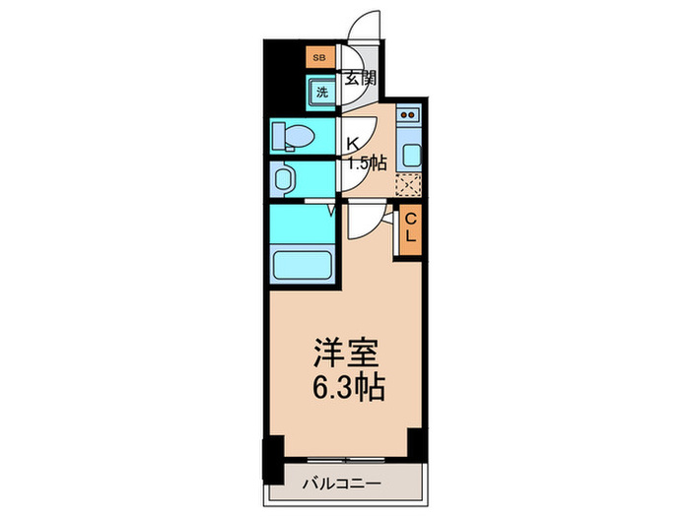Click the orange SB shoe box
point(318,58)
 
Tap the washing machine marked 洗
point(322,94)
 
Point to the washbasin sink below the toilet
point(286,178)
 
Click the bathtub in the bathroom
point(302,266)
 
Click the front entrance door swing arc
point(367,28)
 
